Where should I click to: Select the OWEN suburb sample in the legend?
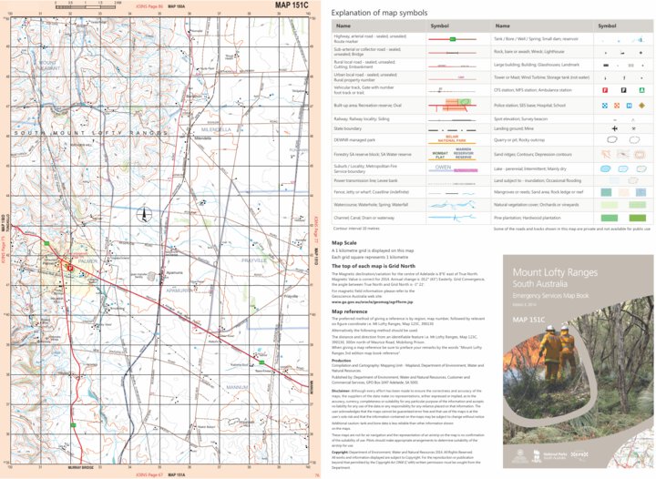[x=443, y=168]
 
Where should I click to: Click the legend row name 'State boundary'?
[x=353, y=129]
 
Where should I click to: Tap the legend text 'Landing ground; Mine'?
[x=516, y=129]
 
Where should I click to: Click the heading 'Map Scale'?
[x=343, y=243]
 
